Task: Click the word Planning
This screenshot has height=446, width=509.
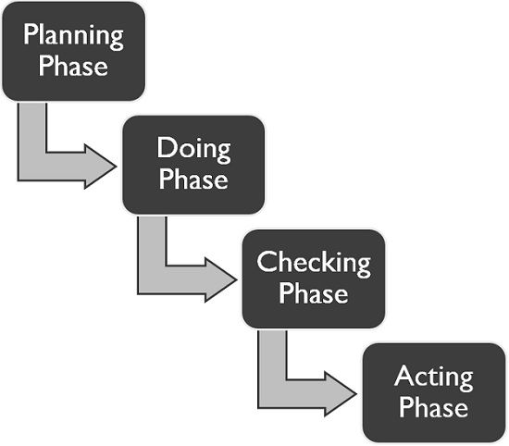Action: (73, 38)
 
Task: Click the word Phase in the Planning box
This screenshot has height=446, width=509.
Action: (73, 67)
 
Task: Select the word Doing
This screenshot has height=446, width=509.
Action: (193, 148)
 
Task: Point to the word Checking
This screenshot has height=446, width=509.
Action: (314, 263)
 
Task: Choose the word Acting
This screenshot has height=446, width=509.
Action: (433, 378)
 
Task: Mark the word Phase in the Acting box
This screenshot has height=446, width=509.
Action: (433, 406)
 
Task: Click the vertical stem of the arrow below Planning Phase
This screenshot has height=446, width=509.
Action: (31, 130)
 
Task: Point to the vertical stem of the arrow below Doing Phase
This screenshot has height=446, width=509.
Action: (151, 242)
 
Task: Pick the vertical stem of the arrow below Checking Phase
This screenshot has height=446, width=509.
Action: (271, 356)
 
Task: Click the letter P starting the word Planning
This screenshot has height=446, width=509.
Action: (31, 38)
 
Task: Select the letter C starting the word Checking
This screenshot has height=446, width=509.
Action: (266, 263)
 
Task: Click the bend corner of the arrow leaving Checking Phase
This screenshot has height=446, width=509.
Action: (272, 394)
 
